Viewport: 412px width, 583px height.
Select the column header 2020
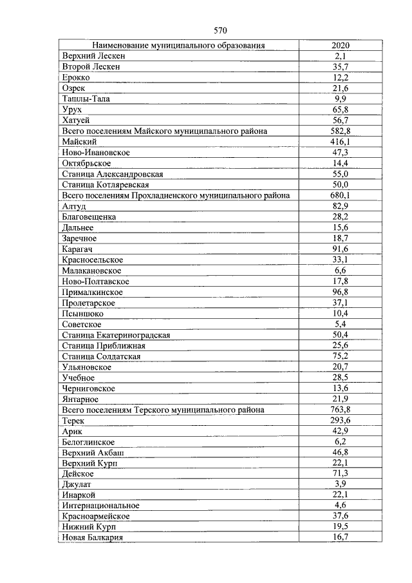coord(341,45)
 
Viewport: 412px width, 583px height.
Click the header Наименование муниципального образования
coord(179,45)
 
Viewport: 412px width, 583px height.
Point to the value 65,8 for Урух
coord(341,110)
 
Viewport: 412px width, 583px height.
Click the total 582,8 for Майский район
coord(341,131)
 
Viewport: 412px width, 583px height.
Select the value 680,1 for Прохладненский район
coord(341,195)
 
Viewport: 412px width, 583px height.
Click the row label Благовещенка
coord(89,216)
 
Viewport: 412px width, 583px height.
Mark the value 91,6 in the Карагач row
coord(341,249)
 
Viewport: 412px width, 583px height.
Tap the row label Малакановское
coord(92,271)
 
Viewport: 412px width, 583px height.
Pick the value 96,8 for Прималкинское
coord(341,292)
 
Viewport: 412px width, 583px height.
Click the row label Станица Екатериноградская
coord(116,335)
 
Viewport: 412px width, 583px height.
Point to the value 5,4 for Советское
coord(341,324)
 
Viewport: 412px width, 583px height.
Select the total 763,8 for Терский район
coord(341,410)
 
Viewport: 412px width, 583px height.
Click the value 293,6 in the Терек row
coord(341,421)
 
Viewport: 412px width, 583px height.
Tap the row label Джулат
coord(77,483)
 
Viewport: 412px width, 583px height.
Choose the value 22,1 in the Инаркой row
coord(341,494)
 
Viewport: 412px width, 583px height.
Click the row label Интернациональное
coord(100,505)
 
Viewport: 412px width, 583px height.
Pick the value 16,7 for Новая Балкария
coord(341,537)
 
